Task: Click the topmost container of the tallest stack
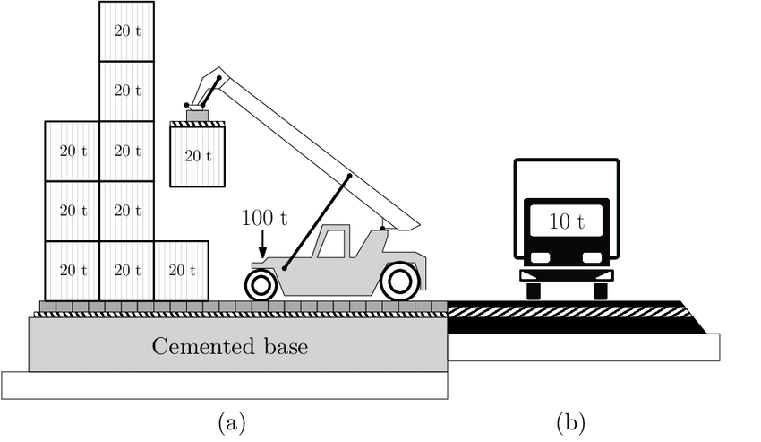point(126,31)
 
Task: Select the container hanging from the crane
point(197,156)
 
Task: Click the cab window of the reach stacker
point(332,244)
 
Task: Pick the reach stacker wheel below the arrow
point(261,285)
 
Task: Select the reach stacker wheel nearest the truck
point(399,282)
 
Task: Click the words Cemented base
point(229,346)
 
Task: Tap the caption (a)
point(231,420)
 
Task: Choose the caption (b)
point(569,420)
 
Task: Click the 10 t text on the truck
point(566,221)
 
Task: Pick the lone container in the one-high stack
point(182,271)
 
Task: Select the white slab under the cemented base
point(224,384)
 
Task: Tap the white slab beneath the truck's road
point(582,348)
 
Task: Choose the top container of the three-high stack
point(72,151)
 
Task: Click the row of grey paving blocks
point(242,307)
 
